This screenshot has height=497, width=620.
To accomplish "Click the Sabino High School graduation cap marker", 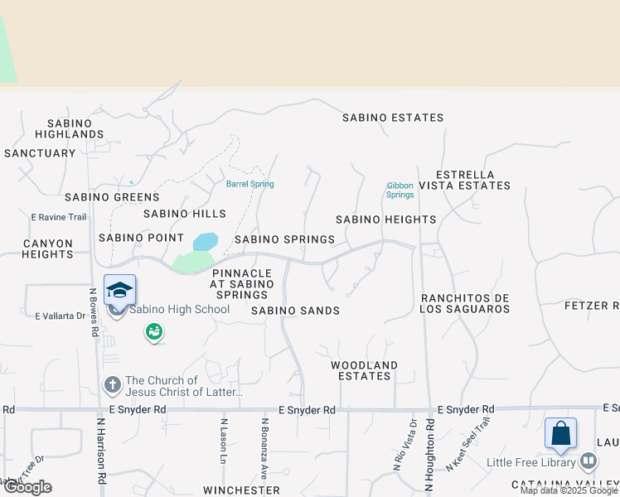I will [x=119, y=291].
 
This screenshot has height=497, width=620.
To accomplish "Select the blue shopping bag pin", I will [x=560, y=434].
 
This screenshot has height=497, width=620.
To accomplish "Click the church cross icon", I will [x=112, y=385].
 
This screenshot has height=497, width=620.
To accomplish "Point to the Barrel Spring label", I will [x=249, y=184].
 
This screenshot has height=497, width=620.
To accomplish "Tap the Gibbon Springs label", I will [x=400, y=191].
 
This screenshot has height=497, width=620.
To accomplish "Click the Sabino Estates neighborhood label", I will [x=394, y=118].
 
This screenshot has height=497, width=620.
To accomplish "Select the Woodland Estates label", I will [x=365, y=370].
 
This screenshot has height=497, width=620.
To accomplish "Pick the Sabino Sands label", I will [x=295, y=311].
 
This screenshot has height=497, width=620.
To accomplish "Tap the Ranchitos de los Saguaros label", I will [x=465, y=303].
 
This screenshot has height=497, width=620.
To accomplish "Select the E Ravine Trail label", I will [x=59, y=217].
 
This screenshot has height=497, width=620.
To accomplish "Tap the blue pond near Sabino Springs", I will [x=205, y=242].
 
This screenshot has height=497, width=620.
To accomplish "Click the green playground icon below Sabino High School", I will [x=153, y=332].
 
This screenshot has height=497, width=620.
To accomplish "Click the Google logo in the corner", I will [x=27, y=487].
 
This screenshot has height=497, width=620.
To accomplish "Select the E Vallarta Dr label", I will [x=61, y=316].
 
